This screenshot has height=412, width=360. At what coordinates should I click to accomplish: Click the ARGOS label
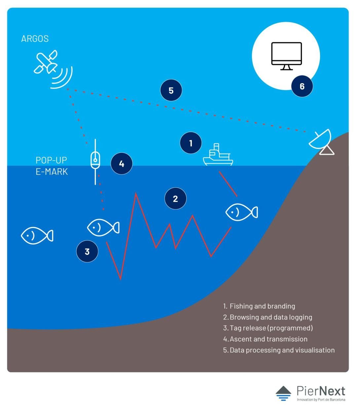[35, 39]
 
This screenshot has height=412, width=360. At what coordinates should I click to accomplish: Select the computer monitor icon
[286, 56]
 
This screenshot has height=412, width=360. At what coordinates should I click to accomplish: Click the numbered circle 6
[302, 86]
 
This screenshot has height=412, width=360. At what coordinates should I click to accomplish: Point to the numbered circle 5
[171, 90]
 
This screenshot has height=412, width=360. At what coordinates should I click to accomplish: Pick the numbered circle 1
[191, 143]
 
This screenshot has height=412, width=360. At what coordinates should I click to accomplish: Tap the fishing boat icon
[218, 156]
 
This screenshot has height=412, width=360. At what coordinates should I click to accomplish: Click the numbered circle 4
[122, 164]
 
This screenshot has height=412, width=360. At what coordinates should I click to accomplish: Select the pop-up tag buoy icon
[95, 161]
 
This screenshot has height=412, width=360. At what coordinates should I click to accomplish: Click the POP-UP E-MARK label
[52, 166]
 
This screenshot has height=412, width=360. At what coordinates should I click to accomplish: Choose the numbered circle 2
[175, 199]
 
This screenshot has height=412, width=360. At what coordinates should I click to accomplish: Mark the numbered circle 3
[87, 251]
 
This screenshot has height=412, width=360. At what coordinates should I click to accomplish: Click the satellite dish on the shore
[322, 142]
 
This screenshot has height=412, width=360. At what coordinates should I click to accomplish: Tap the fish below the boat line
[241, 212]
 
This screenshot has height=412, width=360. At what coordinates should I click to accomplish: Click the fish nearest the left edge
[37, 236]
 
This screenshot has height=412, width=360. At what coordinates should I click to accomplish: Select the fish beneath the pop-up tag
[103, 227]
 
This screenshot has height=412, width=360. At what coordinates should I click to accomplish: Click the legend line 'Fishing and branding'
[259, 306]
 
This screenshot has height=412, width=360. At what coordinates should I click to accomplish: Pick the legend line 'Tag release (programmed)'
[268, 328]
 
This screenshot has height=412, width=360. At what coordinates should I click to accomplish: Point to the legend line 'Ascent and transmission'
[265, 339]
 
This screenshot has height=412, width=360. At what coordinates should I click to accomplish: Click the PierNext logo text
[320, 391]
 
